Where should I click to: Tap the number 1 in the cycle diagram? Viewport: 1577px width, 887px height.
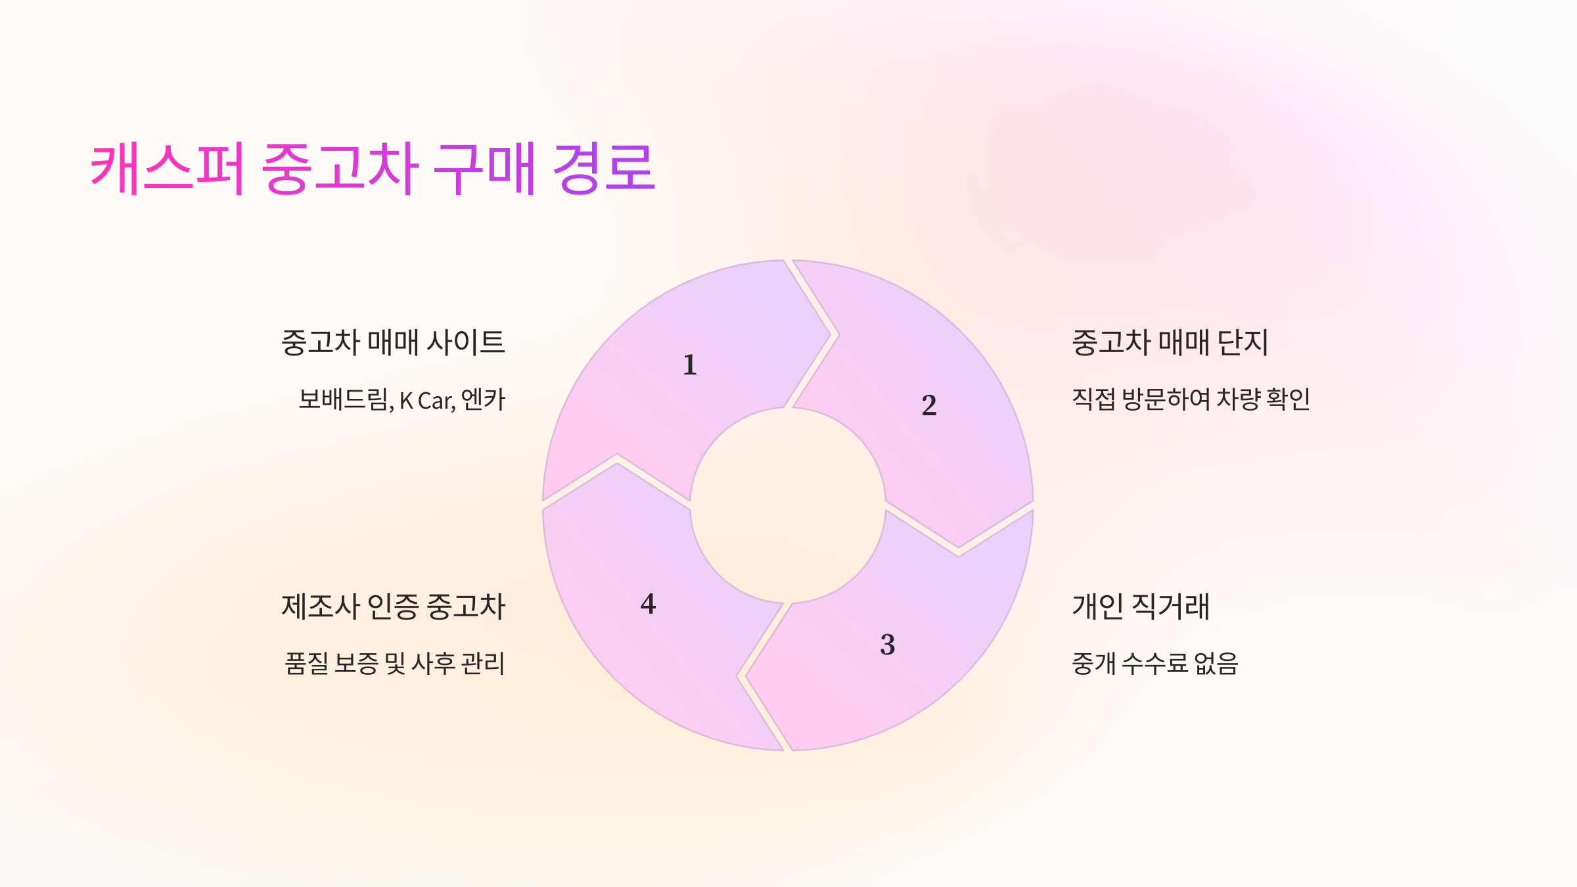[x=689, y=365]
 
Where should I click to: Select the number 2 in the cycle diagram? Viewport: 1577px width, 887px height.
[x=928, y=405]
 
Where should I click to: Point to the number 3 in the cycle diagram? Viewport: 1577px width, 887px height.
[x=887, y=645]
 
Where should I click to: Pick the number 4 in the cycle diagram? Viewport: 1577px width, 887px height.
[x=648, y=604]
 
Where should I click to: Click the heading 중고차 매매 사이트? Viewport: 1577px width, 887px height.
[x=393, y=342]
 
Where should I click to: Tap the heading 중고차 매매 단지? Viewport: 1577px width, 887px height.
[x=1170, y=342]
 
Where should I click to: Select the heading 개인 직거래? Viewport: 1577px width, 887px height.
[x=1141, y=606]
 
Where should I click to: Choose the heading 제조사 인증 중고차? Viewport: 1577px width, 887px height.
[x=393, y=606]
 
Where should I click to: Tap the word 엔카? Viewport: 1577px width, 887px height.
[x=483, y=399]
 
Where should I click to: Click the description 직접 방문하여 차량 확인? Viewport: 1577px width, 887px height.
[x=1191, y=399]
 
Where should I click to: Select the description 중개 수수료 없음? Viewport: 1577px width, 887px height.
[x=1154, y=664]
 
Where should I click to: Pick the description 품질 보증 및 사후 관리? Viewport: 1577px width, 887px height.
[x=394, y=664]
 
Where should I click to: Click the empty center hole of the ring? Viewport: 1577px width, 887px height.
[x=787, y=505]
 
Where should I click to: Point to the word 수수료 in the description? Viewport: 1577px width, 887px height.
[x=1154, y=664]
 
